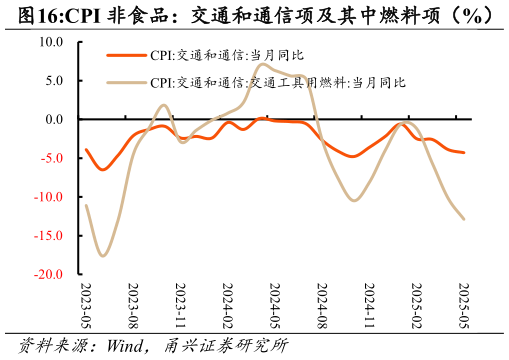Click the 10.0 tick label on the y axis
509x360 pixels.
point(51,42)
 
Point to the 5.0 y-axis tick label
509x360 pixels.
point(54,80)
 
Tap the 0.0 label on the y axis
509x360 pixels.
point(54,119)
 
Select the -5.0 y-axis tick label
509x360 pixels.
point(52,158)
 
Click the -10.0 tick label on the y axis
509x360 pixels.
point(49,196)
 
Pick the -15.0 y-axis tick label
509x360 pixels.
point(49,235)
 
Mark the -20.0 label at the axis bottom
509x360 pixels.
point(49,274)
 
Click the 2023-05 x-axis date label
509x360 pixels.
point(86,305)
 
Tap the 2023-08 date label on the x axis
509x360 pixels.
point(133,305)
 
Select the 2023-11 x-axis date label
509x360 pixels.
point(180,305)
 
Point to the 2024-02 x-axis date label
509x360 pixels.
point(227,305)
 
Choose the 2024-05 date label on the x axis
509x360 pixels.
point(274,305)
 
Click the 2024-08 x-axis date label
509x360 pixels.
point(321,305)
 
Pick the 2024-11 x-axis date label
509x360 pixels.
point(368,305)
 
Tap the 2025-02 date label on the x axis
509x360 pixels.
point(415,305)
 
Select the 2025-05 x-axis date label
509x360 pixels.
point(462,305)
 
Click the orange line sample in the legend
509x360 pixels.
point(126,56)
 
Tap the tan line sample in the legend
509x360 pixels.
point(126,82)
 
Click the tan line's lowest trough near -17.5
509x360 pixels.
point(103,256)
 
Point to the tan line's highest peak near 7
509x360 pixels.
point(263,65)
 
